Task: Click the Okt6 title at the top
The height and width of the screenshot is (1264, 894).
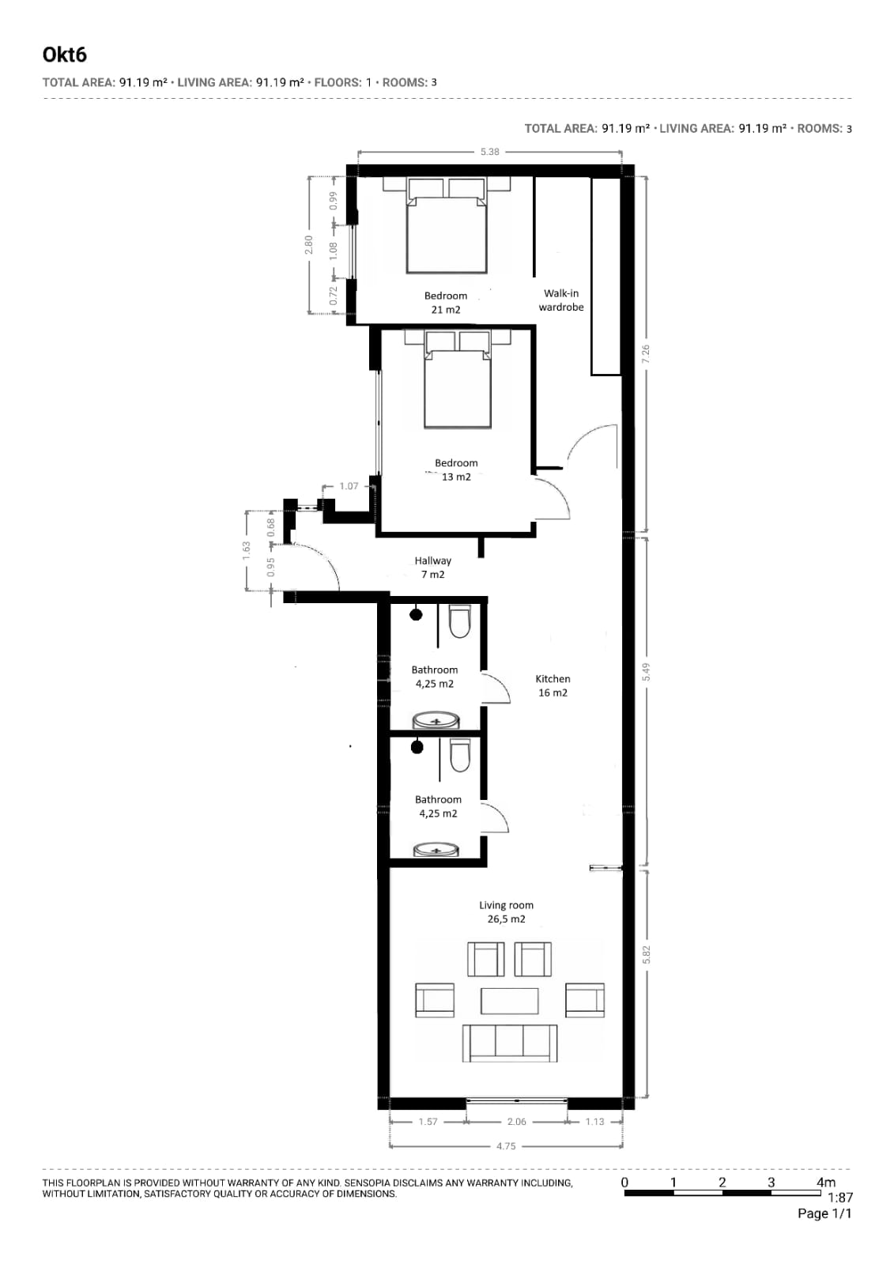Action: (64, 55)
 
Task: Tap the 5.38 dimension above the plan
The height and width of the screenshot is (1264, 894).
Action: (489, 151)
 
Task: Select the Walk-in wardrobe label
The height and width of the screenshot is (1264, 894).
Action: (561, 300)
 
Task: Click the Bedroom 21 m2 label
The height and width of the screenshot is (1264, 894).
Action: (445, 303)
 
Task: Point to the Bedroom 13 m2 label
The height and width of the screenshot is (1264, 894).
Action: (456, 470)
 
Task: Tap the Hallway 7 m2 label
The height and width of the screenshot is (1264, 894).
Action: (433, 567)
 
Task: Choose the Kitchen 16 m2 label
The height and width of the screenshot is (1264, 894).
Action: (553, 685)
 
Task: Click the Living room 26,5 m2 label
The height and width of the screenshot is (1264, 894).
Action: (506, 912)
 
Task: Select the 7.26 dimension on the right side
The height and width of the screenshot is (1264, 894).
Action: (646, 354)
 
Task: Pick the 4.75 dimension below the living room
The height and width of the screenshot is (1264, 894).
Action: (506, 1146)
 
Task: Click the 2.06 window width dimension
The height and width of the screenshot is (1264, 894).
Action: (516, 1121)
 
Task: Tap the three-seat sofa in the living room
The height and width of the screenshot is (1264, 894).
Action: (510, 1043)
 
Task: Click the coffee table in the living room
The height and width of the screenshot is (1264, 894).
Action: (510, 1001)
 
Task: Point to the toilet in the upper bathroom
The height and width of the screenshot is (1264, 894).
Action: (459, 621)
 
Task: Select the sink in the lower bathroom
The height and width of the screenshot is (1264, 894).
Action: (436, 849)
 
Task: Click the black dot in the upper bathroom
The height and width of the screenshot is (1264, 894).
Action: (416, 614)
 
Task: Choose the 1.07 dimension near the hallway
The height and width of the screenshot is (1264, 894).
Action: (349, 486)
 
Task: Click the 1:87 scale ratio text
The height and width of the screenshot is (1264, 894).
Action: (839, 1197)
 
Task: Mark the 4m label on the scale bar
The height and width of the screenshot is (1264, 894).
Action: (826, 1182)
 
